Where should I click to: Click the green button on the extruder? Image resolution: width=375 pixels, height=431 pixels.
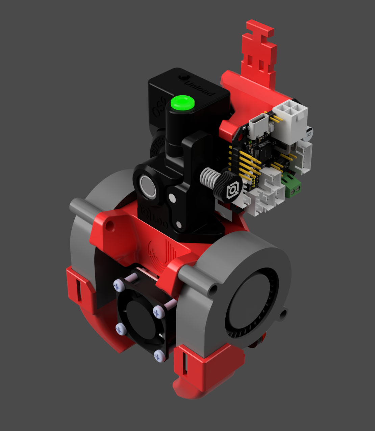coord(183,103)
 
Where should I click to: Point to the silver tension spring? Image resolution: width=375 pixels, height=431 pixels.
coord(210,178)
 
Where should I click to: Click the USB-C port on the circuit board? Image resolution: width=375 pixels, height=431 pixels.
coord(258,127)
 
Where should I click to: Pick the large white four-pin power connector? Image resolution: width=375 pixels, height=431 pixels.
coord(290,115)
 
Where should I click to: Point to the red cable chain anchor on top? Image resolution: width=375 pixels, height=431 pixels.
coord(259,51)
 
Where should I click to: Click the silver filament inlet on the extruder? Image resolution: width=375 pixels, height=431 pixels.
coord(148,186)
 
